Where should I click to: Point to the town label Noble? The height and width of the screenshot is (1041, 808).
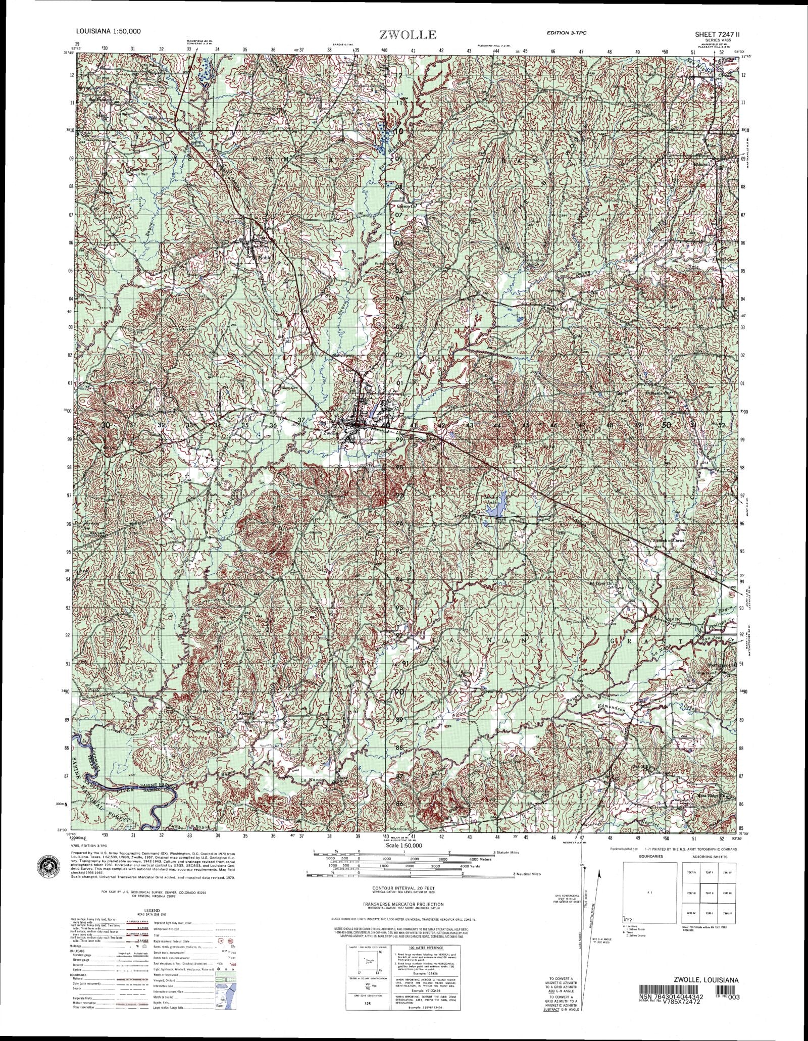point(265,257)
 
